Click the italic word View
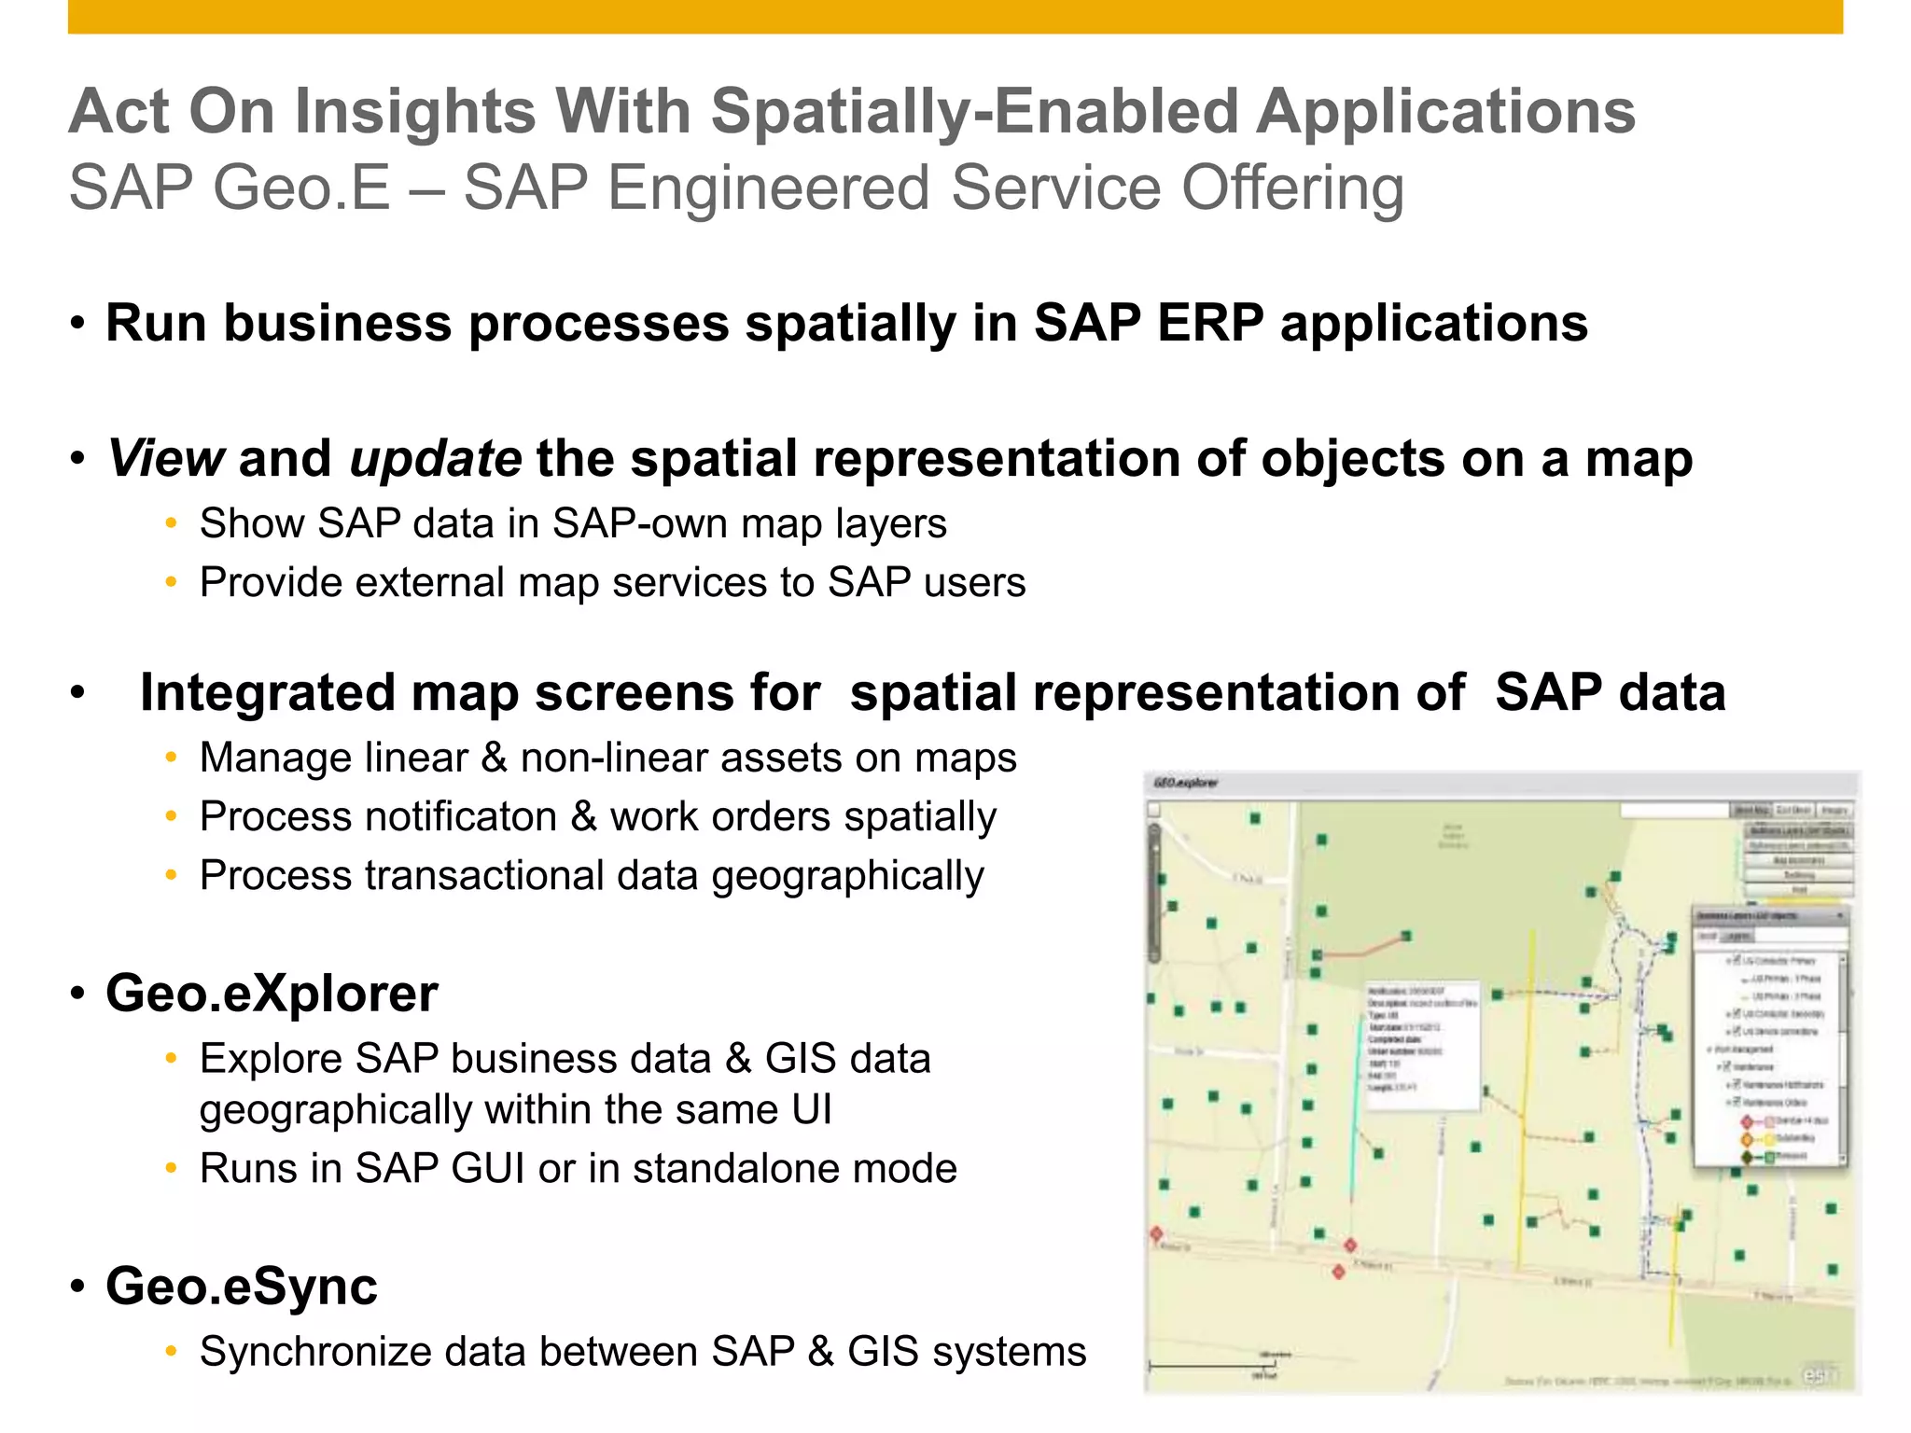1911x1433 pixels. click(x=165, y=459)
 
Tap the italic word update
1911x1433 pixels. click(x=435, y=459)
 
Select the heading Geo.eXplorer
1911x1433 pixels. click(x=272, y=993)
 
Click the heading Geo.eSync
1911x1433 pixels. click(x=242, y=1286)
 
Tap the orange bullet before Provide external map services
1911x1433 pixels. click(x=171, y=583)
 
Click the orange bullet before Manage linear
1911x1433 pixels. click(x=171, y=758)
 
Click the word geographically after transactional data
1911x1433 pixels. click(x=847, y=876)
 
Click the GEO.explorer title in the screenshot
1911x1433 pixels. click(x=1185, y=783)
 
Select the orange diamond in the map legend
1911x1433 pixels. click(x=1747, y=1139)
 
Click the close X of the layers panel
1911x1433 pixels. click(x=1840, y=916)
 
